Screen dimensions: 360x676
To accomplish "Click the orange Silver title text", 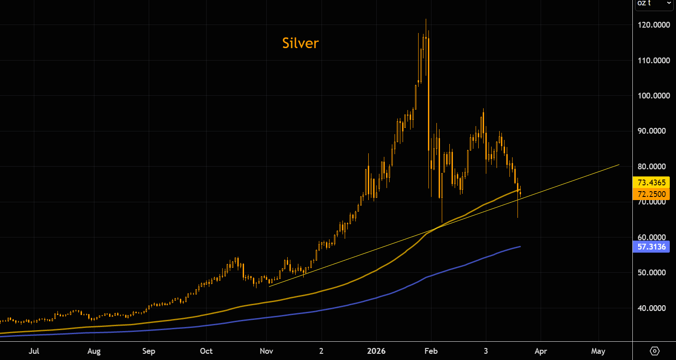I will (x=301, y=43).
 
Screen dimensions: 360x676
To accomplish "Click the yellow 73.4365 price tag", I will (x=651, y=183).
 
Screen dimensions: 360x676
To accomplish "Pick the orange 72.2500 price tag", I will (x=651, y=194).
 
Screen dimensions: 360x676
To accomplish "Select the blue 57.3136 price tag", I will (x=651, y=247).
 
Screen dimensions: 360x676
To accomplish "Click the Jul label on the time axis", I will (x=33, y=351).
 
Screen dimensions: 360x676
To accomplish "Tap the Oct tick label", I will (x=206, y=351).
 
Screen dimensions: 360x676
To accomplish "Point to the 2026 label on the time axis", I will (x=376, y=351).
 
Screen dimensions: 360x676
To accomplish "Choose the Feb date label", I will (x=431, y=351).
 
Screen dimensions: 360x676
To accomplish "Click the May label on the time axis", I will (x=598, y=351).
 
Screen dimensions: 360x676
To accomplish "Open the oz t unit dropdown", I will (x=653, y=4).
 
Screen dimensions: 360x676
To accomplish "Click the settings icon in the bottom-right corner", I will (x=655, y=351).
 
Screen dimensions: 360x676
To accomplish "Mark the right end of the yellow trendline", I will (x=619, y=165).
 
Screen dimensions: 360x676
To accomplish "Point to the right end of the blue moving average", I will (x=520, y=246).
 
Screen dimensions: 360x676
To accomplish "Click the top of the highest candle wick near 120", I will (x=426, y=19).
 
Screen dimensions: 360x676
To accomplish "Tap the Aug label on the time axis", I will (x=94, y=351).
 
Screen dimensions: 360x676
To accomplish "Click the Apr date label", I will (x=540, y=351).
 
